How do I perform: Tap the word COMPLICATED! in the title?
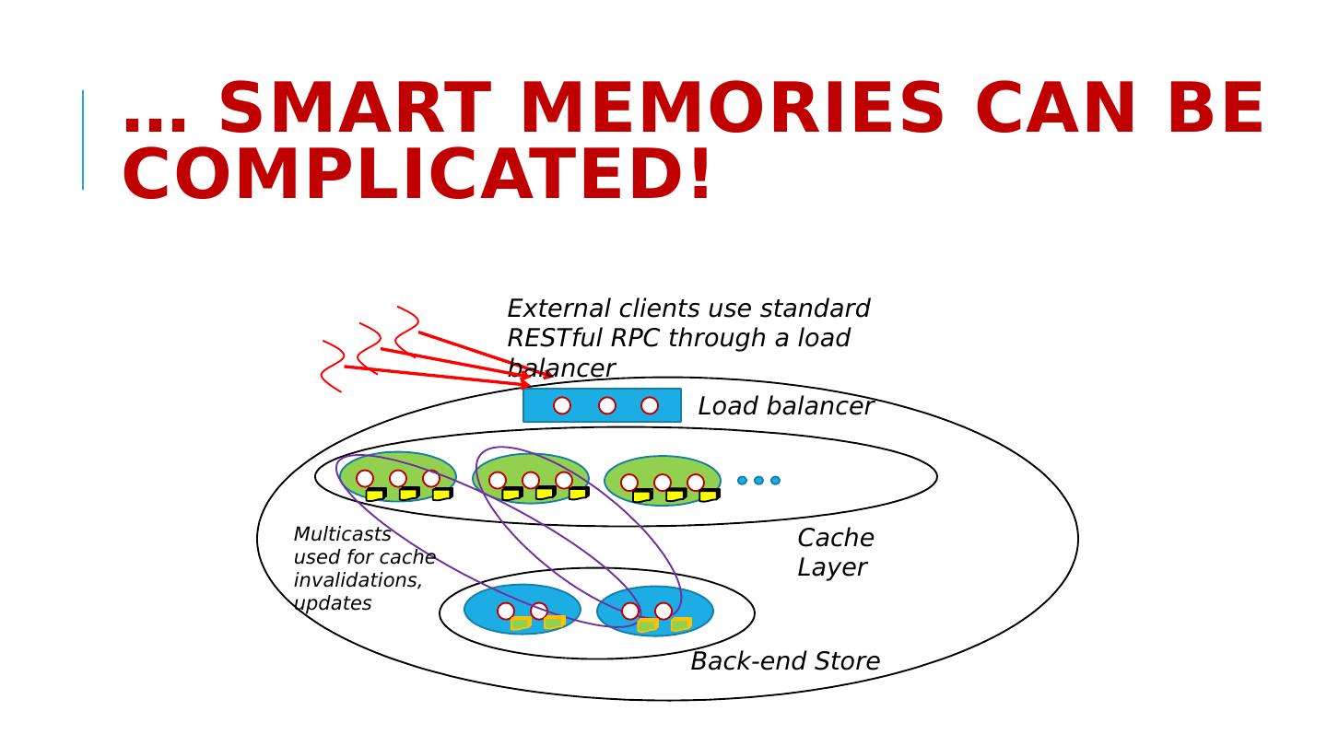click(417, 176)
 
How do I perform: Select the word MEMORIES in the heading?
click(732, 110)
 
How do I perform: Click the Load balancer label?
click(785, 406)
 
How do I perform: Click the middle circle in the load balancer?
click(607, 405)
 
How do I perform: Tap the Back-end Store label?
click(785, 661)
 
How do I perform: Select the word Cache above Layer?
click(835, 539)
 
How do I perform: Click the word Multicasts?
click(342, 535)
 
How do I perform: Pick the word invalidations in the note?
click(358, 580)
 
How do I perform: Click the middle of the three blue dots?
click(758, 480)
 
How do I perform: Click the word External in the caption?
click(559, 309)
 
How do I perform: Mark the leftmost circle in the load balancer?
click(562, 405)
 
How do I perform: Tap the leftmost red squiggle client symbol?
click(333, 367)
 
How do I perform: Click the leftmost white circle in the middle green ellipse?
click(498, 480)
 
